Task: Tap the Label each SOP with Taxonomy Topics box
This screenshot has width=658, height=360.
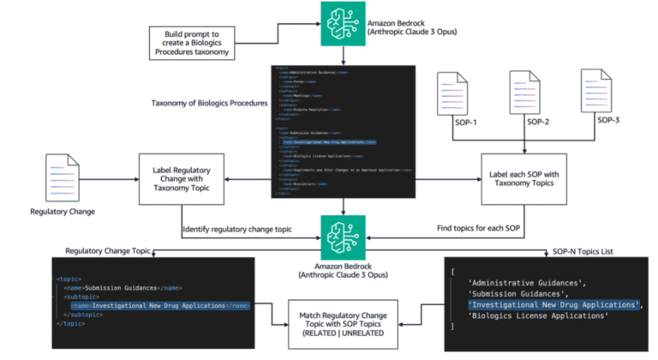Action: coord(523,178)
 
